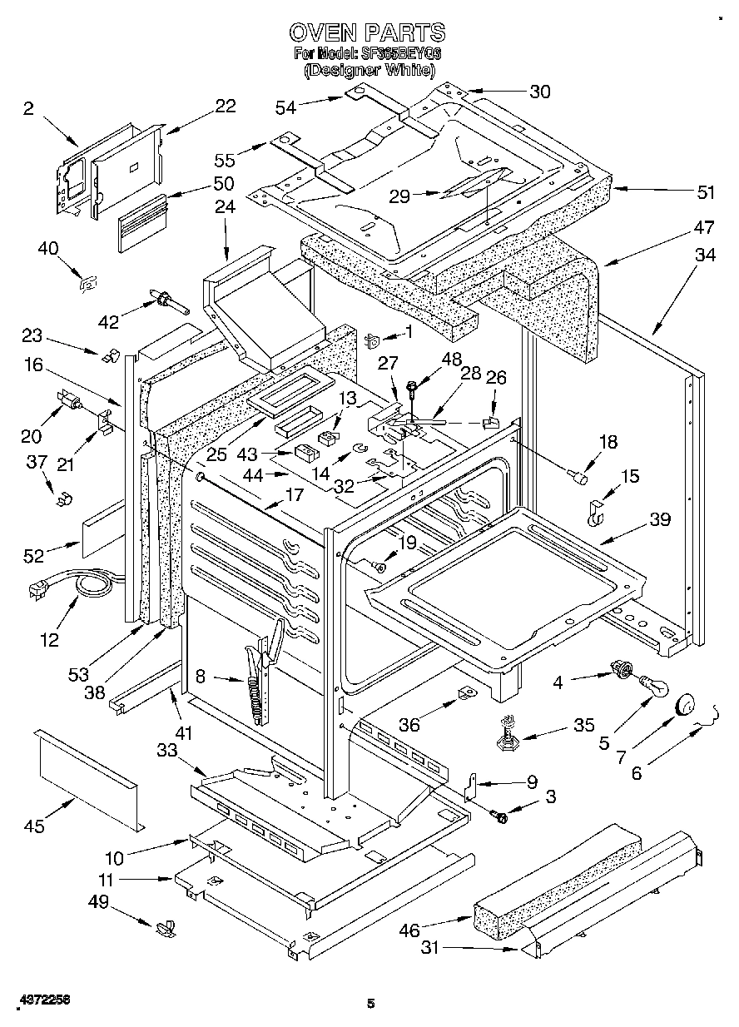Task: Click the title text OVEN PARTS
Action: (367, 32)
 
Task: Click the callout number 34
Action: (704, 256)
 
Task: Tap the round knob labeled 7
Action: (686, 705)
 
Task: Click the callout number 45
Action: (34, 826)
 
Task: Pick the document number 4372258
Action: (40, 998)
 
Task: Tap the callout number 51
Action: (706, 192)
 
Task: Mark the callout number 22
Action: (225, 106)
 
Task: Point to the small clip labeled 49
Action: (165, 927)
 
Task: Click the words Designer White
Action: (369, 71)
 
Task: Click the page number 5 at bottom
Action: (370, 1004)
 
